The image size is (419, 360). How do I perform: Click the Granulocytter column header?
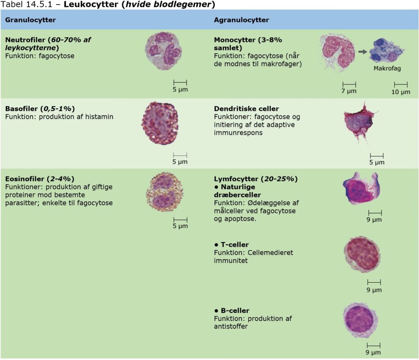(31, 20)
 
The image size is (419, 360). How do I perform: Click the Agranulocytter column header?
(241, 20)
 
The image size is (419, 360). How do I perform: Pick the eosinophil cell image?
(164, 191)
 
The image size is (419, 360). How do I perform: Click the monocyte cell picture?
(337, 52)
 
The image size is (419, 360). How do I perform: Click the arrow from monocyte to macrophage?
(362, 52)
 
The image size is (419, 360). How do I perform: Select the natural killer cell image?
(361, 189)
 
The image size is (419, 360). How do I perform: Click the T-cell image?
(362, 254)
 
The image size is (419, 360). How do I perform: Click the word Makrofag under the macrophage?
(387, 69)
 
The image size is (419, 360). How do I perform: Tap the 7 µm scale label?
(349, 91)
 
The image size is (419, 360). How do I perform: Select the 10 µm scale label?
(401, 92)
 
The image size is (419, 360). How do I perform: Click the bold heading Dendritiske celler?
(246, 109)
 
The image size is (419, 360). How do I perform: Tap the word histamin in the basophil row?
(99, 117)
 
